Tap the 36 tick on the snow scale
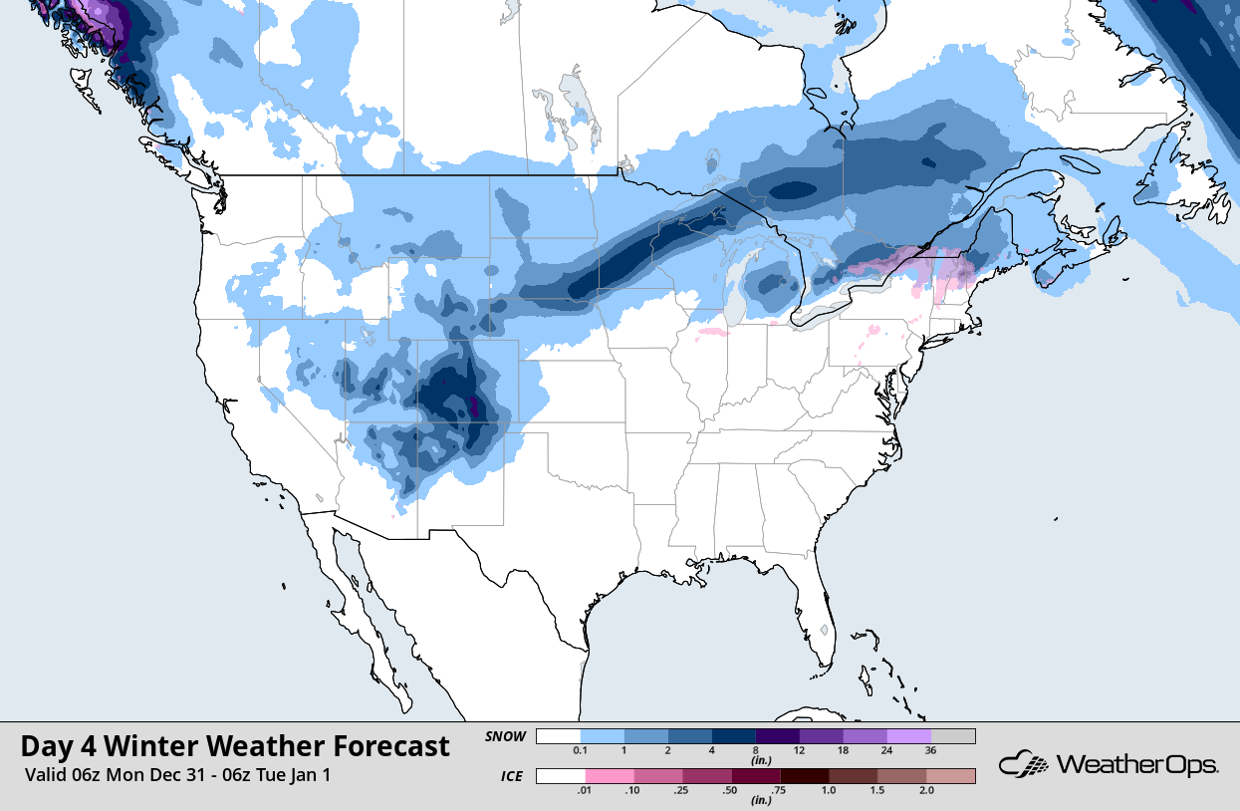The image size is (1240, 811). tap(929, 750)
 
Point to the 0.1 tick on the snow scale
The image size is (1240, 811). tap(580, 750)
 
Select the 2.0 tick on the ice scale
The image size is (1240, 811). tap(927, 790)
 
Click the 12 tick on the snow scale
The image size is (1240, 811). tap(798, 750)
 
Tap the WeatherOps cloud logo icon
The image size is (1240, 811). tap(1025, 765)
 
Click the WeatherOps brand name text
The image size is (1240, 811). tap(1136, 765)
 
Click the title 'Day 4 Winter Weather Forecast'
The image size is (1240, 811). tap(235, 746)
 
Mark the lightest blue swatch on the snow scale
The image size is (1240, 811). tap(602, 736)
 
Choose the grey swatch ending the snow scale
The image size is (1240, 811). tap(953, 736)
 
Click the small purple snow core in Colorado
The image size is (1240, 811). tap(473, 406)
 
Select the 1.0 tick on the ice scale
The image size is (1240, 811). tap(830, 790)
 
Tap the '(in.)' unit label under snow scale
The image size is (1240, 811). tap(756, 760)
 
